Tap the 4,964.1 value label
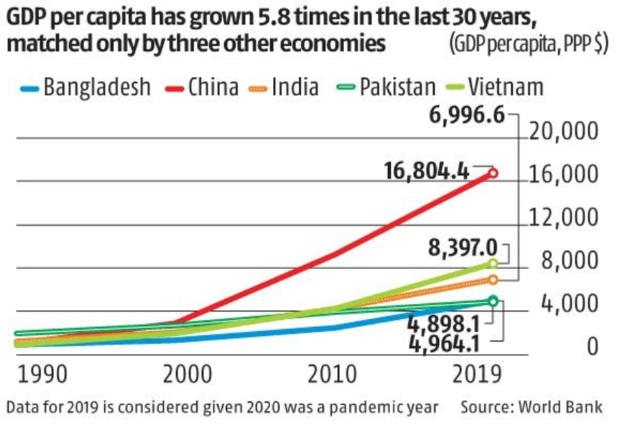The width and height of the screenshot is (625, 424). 447,343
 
